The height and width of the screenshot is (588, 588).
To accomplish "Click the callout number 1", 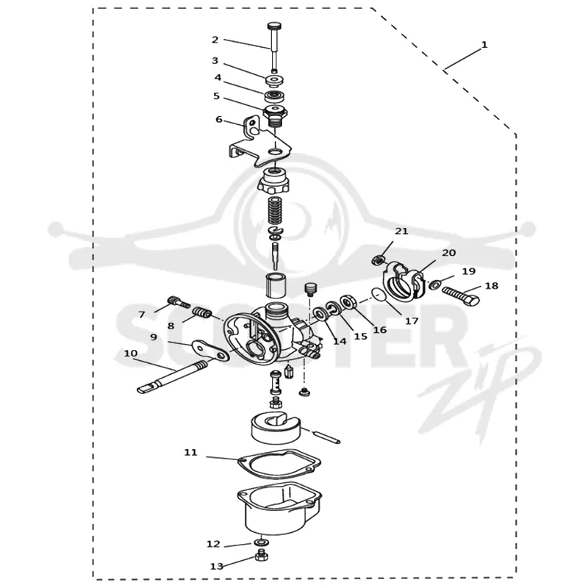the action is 484,45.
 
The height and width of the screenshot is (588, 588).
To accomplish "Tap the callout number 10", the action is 131,354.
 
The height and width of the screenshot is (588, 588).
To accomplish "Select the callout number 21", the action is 401,232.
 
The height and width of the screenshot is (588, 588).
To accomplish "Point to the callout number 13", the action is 216,566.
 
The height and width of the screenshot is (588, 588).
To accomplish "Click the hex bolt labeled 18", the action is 461,296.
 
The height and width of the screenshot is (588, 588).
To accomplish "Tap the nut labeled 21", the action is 379,260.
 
